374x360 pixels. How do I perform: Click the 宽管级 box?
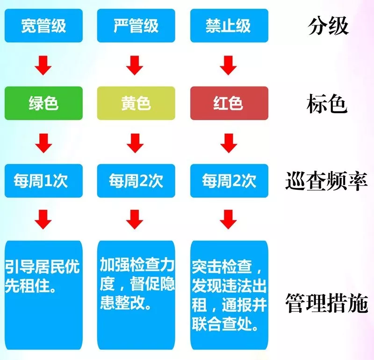click(x=43, y=26)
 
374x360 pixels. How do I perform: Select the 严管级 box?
click(x=136, y=26)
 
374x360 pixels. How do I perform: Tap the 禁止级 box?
click(x=229, y=26)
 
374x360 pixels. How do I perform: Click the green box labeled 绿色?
click(x=43, y=103)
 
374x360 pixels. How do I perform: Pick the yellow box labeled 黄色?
click(x=136, y=103)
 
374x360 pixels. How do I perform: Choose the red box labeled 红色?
click(x=229, y=103)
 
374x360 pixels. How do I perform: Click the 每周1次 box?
click(x=43, y=180)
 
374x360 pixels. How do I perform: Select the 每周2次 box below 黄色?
click(x=136, y=180)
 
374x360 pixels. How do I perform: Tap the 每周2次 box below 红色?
click(x=229, y=180)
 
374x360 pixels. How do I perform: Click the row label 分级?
click(x=328, y=26)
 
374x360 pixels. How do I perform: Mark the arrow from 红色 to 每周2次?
click(x=229, y=143)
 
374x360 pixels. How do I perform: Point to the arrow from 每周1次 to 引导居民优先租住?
click(x=43, y=219)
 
